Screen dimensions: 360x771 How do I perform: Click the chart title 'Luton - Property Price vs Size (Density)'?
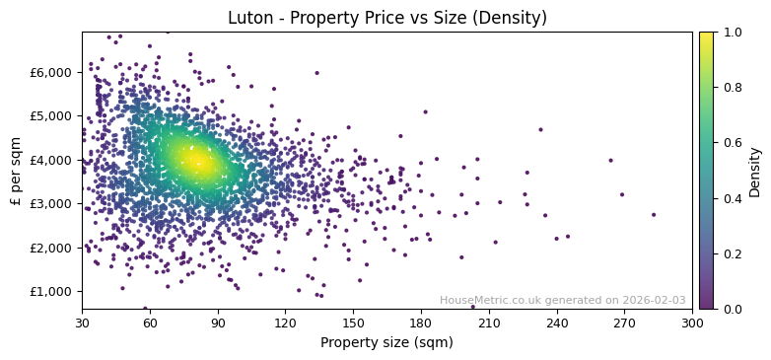(x=386, y=18)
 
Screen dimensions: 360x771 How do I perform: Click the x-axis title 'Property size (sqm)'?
(x=386, y=343)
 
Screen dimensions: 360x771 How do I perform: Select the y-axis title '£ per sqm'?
(x=16, y=171)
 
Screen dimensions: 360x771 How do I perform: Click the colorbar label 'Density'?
(x=755, y=171)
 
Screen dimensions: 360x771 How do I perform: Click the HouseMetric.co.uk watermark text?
(x=562, y=301)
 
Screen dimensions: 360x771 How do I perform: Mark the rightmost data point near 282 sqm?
(x=653, y=214)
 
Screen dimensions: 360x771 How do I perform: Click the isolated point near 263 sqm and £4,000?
(x=610, y=160)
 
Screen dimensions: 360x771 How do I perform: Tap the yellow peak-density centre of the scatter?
(x=197, y=161)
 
